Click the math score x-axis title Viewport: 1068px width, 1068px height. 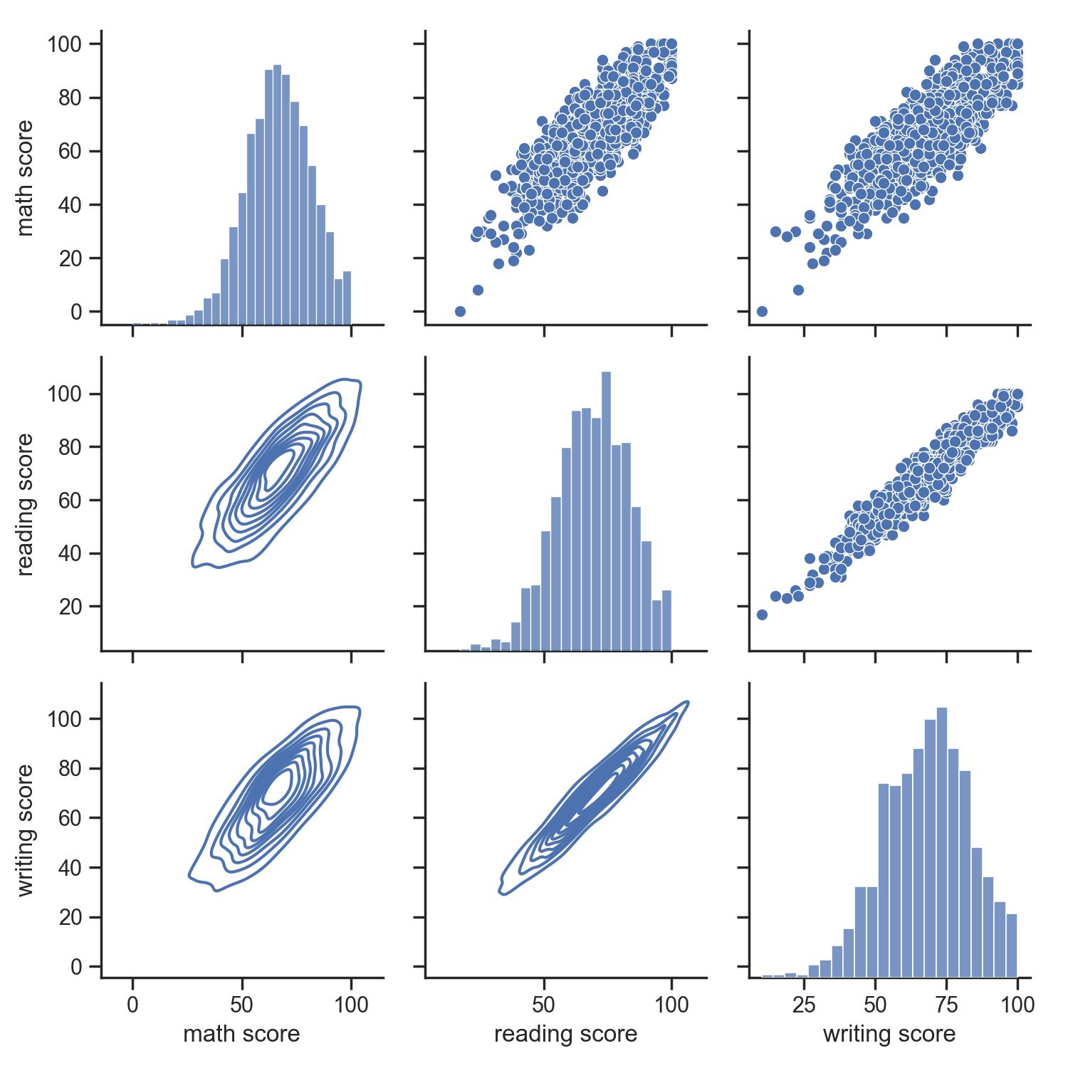pyautogui.click(x=241, y=1034)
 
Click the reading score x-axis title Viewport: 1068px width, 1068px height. pyautogui.click(x=565, y=1034)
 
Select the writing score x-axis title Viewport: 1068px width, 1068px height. pyautogui.click(x=889, y=1034)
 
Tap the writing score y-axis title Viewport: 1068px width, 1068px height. pyautogui.click(x=26, y=830)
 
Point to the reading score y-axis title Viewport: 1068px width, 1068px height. pyautogui.click(x=26, y=504)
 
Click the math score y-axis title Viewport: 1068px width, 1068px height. pyautogui.click(x=26, y=178)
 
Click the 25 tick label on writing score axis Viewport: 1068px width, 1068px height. pyautogui.click(x=804, y=1005)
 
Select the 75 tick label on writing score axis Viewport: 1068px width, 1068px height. pyautogui.click(x=946, y=1005)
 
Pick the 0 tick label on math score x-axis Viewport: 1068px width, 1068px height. pyautogui.click(x=132, y=1005)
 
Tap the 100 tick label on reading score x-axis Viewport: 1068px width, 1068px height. pyautogui.click(x=671, y=1005)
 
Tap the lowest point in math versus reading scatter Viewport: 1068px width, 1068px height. pyautogui.click(x=460, y=311)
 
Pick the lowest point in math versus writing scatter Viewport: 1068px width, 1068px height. pyautogui.click(x=762, y=311)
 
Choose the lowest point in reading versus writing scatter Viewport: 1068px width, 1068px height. pyautogui.click(x=762, y=614)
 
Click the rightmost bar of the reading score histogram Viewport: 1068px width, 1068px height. pyautogui.click(x=666, y=619)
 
